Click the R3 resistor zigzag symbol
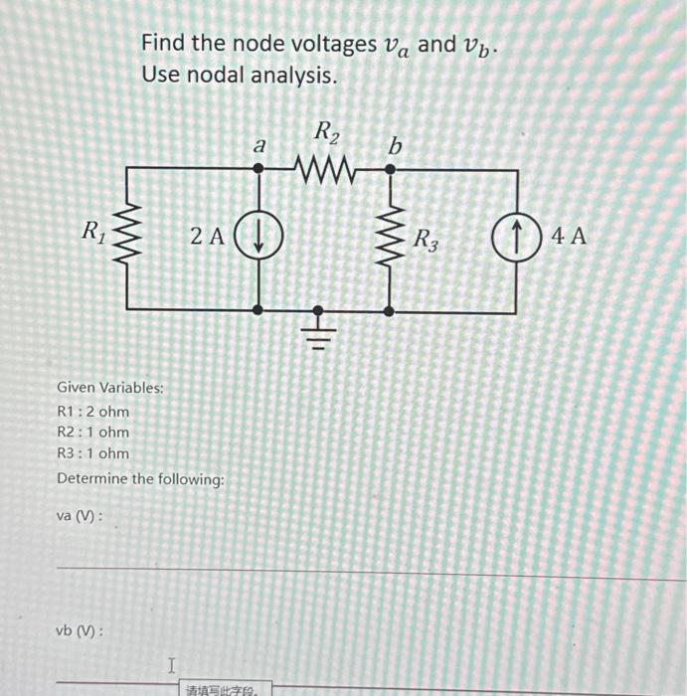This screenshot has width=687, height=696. click(x=389, y=239)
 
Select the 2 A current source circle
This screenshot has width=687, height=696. click(x=259, y=237)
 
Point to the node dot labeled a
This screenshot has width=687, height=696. click(x=259, y=169)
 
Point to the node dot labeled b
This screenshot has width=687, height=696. click(x=389, y=169)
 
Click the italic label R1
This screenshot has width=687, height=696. click(x=93, y=235)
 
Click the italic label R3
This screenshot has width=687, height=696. click(x=425, y=240)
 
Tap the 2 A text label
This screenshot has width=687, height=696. click(x=207, y=237)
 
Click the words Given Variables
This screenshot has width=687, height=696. click(x=110, y=387)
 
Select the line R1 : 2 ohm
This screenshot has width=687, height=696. click(x=93, y=412)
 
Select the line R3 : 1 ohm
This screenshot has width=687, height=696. click(x=93, y=453)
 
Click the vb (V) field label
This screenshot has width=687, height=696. click(x=82, y=630)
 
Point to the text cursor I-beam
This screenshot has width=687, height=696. click(x=171, y=663)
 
